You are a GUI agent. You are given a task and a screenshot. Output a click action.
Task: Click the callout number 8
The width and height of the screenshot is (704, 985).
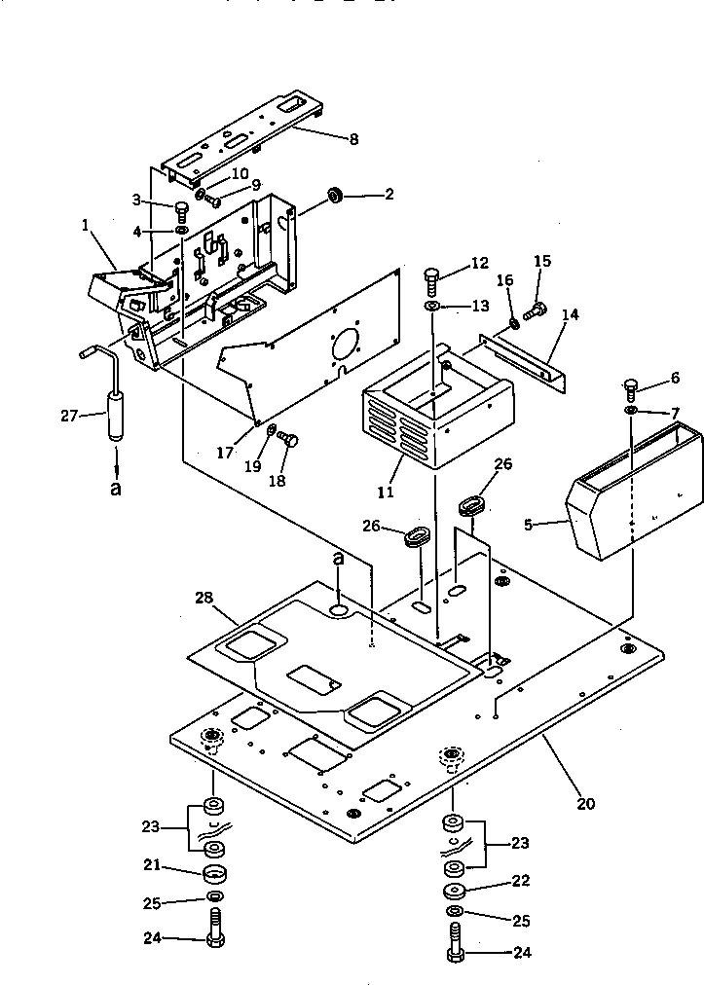coord(352,139)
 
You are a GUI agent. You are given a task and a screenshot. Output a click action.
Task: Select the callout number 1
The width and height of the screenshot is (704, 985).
coord(87,225)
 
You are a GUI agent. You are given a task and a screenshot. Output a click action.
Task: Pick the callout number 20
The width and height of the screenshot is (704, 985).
coord(585,804)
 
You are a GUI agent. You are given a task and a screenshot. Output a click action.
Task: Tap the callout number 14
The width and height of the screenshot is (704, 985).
coord(570,314)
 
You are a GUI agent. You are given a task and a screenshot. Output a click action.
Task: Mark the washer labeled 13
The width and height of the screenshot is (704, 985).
coord(432,308)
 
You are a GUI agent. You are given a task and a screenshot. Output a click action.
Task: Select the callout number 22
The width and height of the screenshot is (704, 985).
coord(521,881)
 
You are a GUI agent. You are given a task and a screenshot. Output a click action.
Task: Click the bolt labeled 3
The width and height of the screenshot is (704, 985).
coord(182,208)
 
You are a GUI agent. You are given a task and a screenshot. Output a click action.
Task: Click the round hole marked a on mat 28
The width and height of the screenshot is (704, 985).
coord(338,609)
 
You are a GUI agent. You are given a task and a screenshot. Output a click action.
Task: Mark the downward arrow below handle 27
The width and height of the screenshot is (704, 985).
coord(115,458)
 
